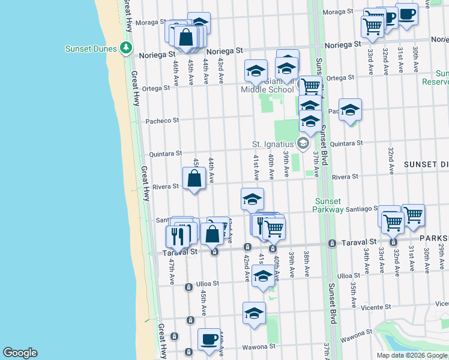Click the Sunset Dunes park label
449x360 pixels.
point(91,48)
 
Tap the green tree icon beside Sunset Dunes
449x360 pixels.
point(125,47)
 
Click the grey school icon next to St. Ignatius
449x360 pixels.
point(303,143)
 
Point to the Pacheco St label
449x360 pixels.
point(163,121)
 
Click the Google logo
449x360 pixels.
point(20,353)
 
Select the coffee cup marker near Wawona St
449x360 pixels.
point(209,339)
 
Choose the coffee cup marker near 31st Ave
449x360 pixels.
point(406,14)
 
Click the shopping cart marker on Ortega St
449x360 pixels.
point(310,86)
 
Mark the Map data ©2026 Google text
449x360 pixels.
point(412,355)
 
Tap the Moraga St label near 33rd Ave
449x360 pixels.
point(337,11)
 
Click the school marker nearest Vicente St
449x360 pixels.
point(254,313)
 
